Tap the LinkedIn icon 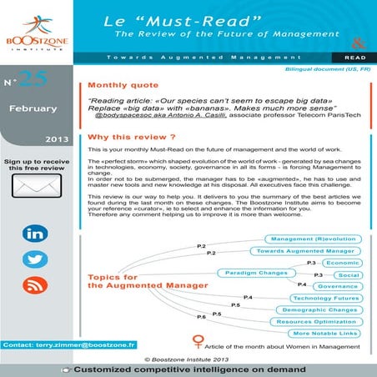(x=35, y=234)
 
